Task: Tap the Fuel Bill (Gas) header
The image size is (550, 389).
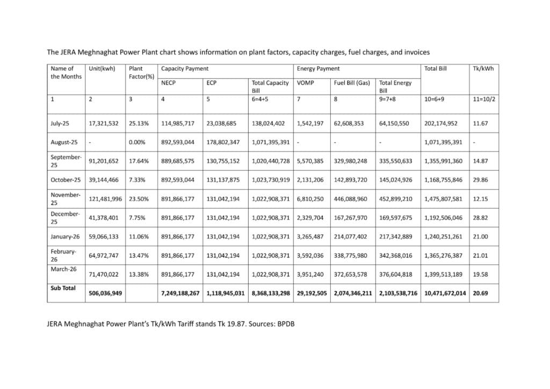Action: [x=351, y=83]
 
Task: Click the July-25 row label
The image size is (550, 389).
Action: [x=60, y=124]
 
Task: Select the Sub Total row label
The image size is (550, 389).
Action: [x=63, y=288]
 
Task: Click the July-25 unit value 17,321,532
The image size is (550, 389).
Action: [x=105, y=124]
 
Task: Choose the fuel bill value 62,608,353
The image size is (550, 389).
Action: [x=349, y=124]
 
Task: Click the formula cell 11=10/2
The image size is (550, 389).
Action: [x=482, y=99]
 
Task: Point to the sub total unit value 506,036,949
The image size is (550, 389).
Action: [x=105, y=294]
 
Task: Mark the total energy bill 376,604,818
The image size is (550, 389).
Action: [x=396, y=274]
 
